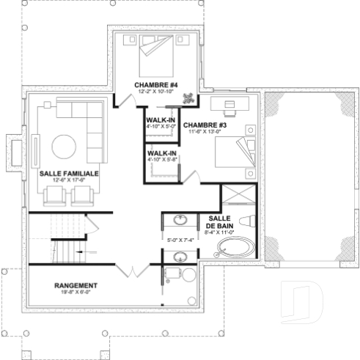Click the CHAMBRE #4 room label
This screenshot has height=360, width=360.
click(x=152, y=86)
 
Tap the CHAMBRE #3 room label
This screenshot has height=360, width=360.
click(x=205, y=125)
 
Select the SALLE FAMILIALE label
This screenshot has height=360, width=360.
click(x=69, y=175)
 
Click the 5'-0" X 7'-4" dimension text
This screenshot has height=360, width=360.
click(x=180, y=240)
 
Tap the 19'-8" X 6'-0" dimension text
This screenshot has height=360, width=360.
click(x=76, y=291)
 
